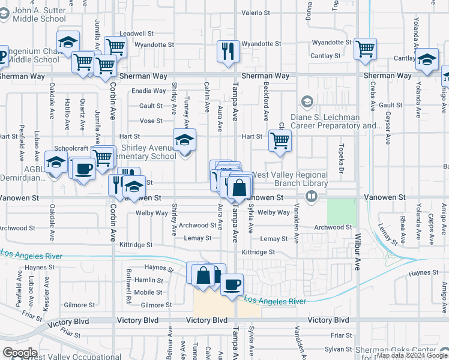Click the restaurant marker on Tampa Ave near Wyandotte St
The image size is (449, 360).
click(x=228, y=51)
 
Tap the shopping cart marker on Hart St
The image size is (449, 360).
click(x=280, y=140)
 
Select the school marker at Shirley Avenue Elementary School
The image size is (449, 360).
click(x=185, y=140)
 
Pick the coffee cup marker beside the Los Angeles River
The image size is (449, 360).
click(x=232, y=284)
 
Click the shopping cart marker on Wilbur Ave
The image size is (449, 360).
click(x=365, y=49)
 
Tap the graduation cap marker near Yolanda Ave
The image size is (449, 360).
click(x=427, y=59)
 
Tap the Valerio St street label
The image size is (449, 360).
click(x=256, y=13)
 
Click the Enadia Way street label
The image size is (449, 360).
click(x=149, y=91)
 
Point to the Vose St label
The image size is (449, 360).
click(x=151, y=121)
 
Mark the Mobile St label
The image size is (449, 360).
click(x=148, y=292)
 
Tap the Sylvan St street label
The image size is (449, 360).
click(x=340, y=349)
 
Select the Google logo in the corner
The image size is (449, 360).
click(x=20, y=353)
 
